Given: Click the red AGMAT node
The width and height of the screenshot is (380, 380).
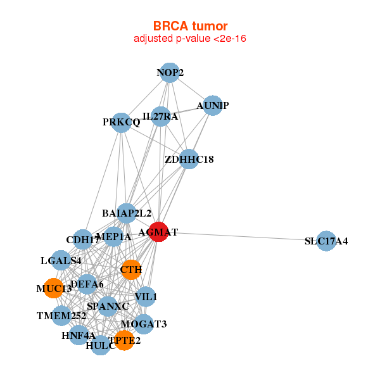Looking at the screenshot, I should pyautogui.click(x=158, y=232).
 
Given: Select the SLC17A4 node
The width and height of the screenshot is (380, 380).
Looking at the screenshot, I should pyautogui.click(x=326, y=241).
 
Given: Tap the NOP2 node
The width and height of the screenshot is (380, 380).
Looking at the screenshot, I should pyautogui.click(x=169, y=73).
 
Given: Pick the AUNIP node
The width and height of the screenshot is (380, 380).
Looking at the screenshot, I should pyautogui.click(x=212, y=105).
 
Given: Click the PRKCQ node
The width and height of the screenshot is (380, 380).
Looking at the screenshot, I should pyautogui.click(x=121, y=122).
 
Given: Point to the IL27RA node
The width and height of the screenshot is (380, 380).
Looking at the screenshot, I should pyautogui.click(x=161, y=117).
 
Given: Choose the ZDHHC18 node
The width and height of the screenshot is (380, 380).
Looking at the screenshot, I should pyautogui.click(x=189, y=159).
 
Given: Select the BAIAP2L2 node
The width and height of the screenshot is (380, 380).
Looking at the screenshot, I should pyautogui.click(x=127, y=213).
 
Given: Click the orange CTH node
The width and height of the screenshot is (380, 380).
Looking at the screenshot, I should pyautogui.click(x=131, y=270).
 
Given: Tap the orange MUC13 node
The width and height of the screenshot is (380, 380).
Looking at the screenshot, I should pyautogui.click(x=54, y=289).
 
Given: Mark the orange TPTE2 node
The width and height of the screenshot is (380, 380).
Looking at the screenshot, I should pyautogui.click(x=124, y=341).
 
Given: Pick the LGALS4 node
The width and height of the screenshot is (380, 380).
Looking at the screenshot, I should pyautogui.click(x=61, y=261).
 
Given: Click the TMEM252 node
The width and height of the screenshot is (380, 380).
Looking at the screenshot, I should pyautogui.click(x=61, y=315).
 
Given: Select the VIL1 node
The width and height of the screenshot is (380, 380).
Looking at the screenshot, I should pyautogui.click(x=146, y=296).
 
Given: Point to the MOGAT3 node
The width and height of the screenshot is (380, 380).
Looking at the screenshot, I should pyautogui.click(x=144, y=324).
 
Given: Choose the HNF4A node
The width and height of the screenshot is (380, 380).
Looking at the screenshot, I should pyautogui.click(x=79, y=335).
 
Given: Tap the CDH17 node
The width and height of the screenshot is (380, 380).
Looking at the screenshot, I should pyautogui.click(x=82, y=239).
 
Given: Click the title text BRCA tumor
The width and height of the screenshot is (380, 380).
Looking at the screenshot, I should pyautogui.click(x=190, y=26).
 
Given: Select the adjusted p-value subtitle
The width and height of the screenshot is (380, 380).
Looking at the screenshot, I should pyautogui.click(x=190, y=39).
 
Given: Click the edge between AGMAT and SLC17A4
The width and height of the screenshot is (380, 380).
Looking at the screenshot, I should pyautogui.click(x=241, y=236).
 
